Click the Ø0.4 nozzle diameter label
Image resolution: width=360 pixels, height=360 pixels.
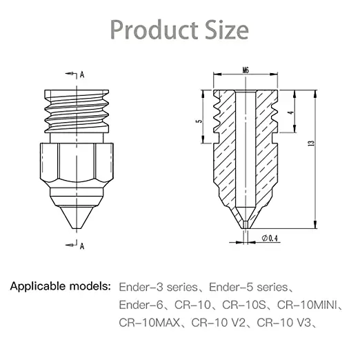(270, 239)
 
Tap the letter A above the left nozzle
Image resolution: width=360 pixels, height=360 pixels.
(82, 73)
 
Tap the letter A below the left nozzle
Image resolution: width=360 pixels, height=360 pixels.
(82, 245)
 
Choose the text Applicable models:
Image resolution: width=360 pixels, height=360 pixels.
(61, 285)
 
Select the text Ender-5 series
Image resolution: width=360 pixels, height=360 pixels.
(254, 286)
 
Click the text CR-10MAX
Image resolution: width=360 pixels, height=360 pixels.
(149, 321)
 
